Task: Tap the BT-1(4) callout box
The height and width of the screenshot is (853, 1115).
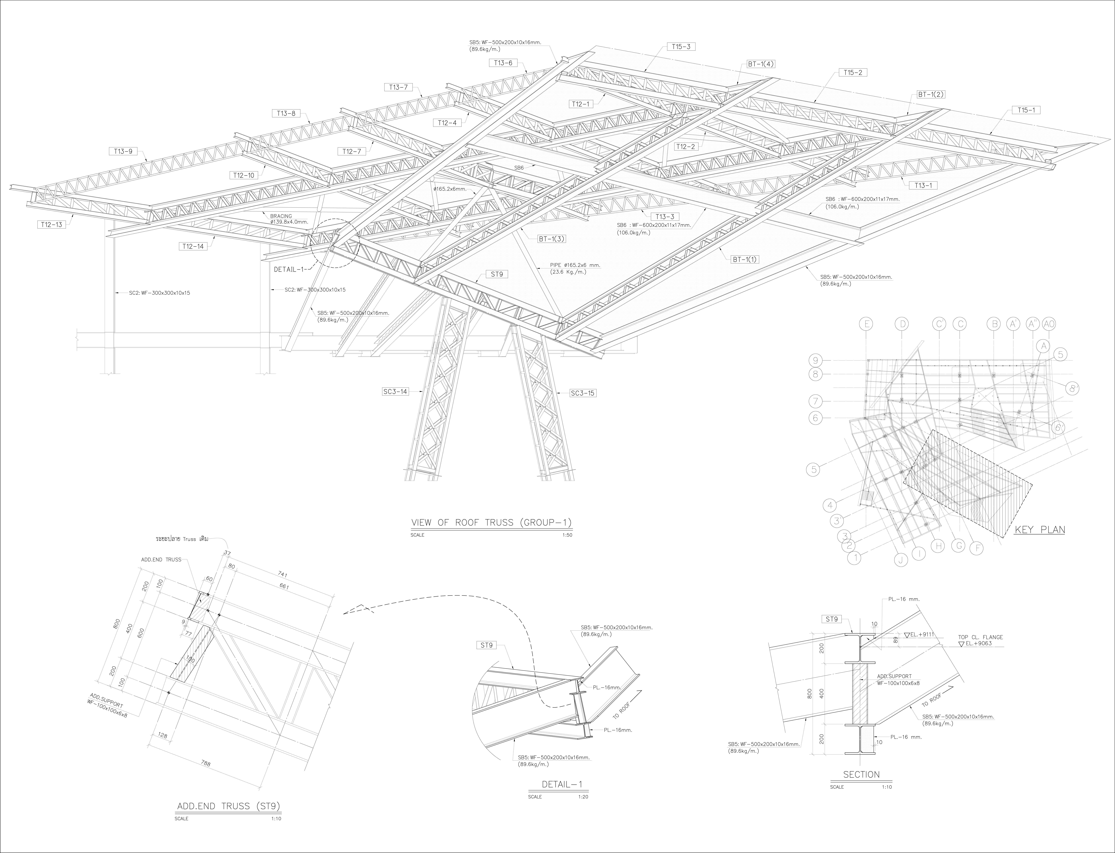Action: coord(760,64)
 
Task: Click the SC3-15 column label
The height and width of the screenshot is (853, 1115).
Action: coord(582,393)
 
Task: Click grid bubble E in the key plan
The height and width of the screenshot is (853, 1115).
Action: coord(866,324)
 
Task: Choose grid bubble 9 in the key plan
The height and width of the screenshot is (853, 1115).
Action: coord(815,360)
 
